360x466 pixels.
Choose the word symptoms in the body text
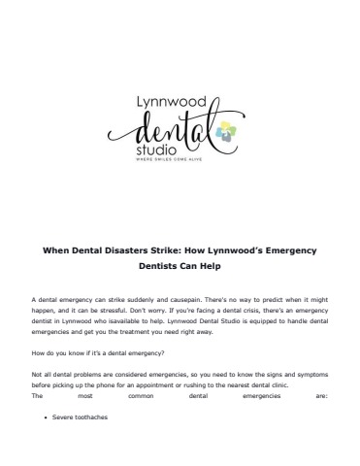[311, 377]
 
